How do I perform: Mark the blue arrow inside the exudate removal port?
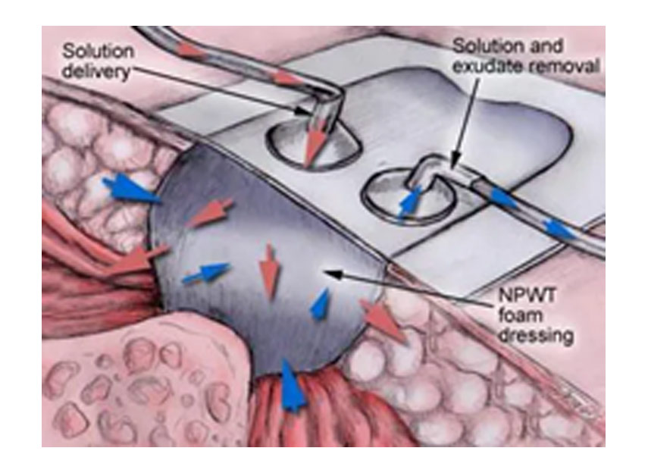coord(409,202)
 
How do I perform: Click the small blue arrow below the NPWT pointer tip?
coord(321,304)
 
